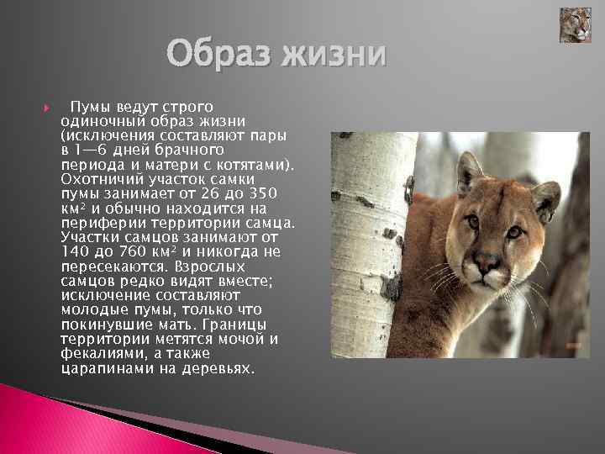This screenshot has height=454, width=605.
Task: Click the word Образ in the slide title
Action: coord(221,56)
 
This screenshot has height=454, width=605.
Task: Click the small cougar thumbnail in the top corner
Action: coord(576,25)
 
